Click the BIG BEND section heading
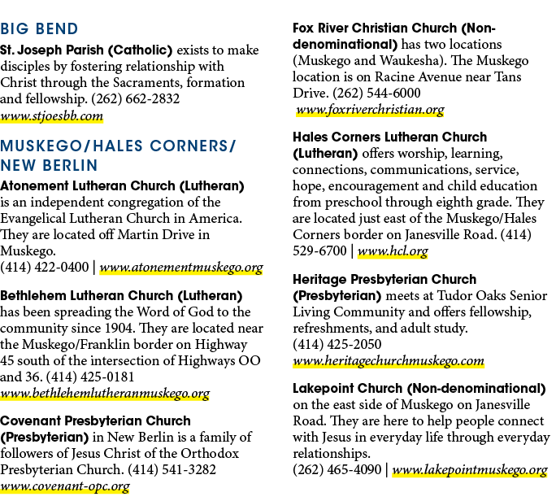click(x=39, y=28)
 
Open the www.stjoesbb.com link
click(x=52, y=116)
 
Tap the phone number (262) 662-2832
click(x=136, y=98)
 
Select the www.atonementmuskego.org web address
click(x=181, y=268)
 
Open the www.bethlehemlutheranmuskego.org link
click(x=105, y=394)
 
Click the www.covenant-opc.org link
click(x=65, y=486)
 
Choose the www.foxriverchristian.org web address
click(x=370, y=110)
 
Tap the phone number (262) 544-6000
click(x=376, y=93)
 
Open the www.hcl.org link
click(x=393, y=250)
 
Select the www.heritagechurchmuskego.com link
click(x=389, y=361)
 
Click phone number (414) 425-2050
click(x=337, y=344)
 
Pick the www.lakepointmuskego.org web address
click(x=470, y=470)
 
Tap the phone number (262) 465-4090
click(x=337, y=469)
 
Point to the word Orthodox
click(x=210, y=454)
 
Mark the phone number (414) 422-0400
click(x=45, y=267)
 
